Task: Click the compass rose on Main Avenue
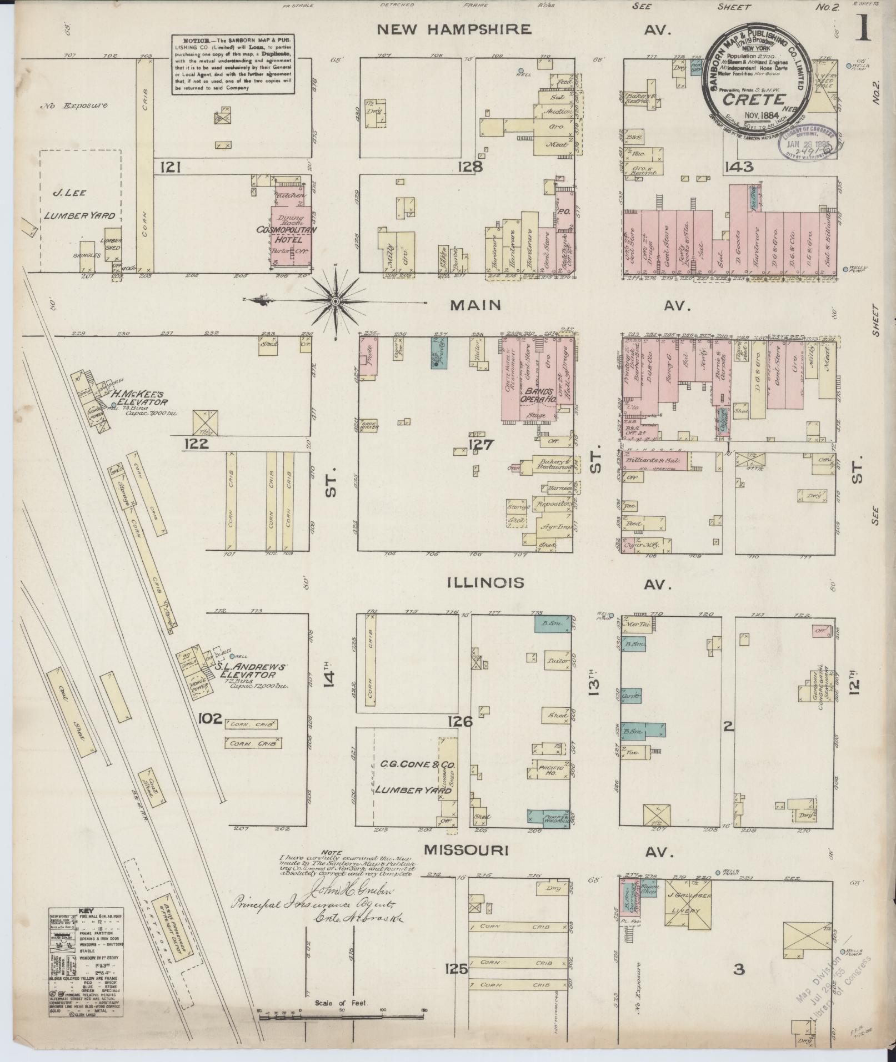pyautogui.click(x=336, y=301)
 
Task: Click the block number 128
pyautogui.click(x=470, y=167)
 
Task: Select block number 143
pyautogui.click(x=738, y=166)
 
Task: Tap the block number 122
pyautogui.click(x=197, y=444)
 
